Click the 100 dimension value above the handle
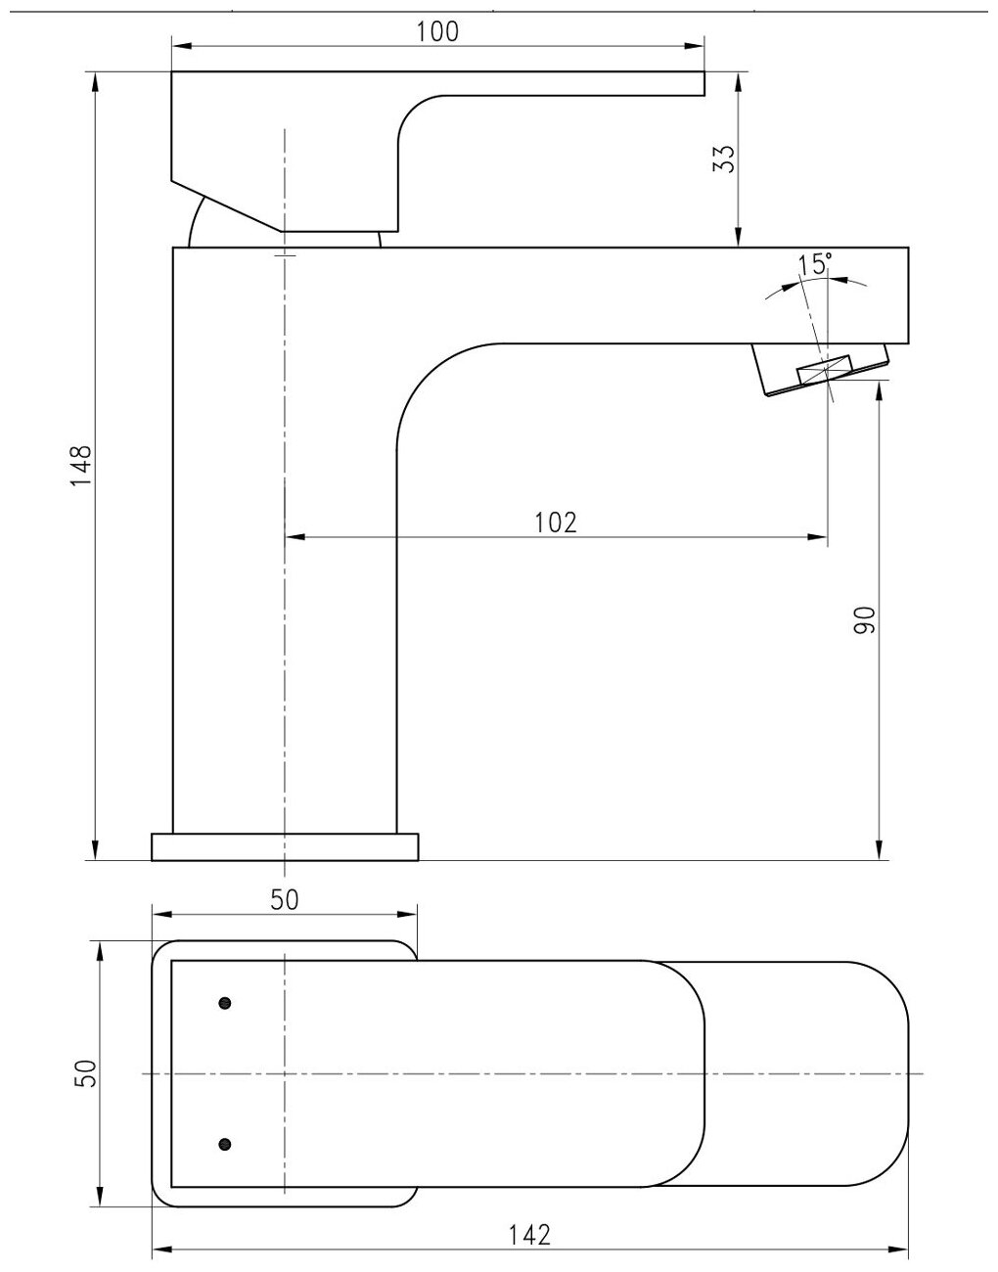(x=437, y=31)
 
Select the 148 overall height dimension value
(x=81, y=466)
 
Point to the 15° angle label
(x=814, y=264)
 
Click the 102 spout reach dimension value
(x=556, y=522)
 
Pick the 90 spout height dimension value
(x=864, y=621)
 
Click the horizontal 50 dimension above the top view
(x=285, y=900)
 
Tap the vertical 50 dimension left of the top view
(x=85, y=1073)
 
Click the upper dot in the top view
(x=225, y=1003)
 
